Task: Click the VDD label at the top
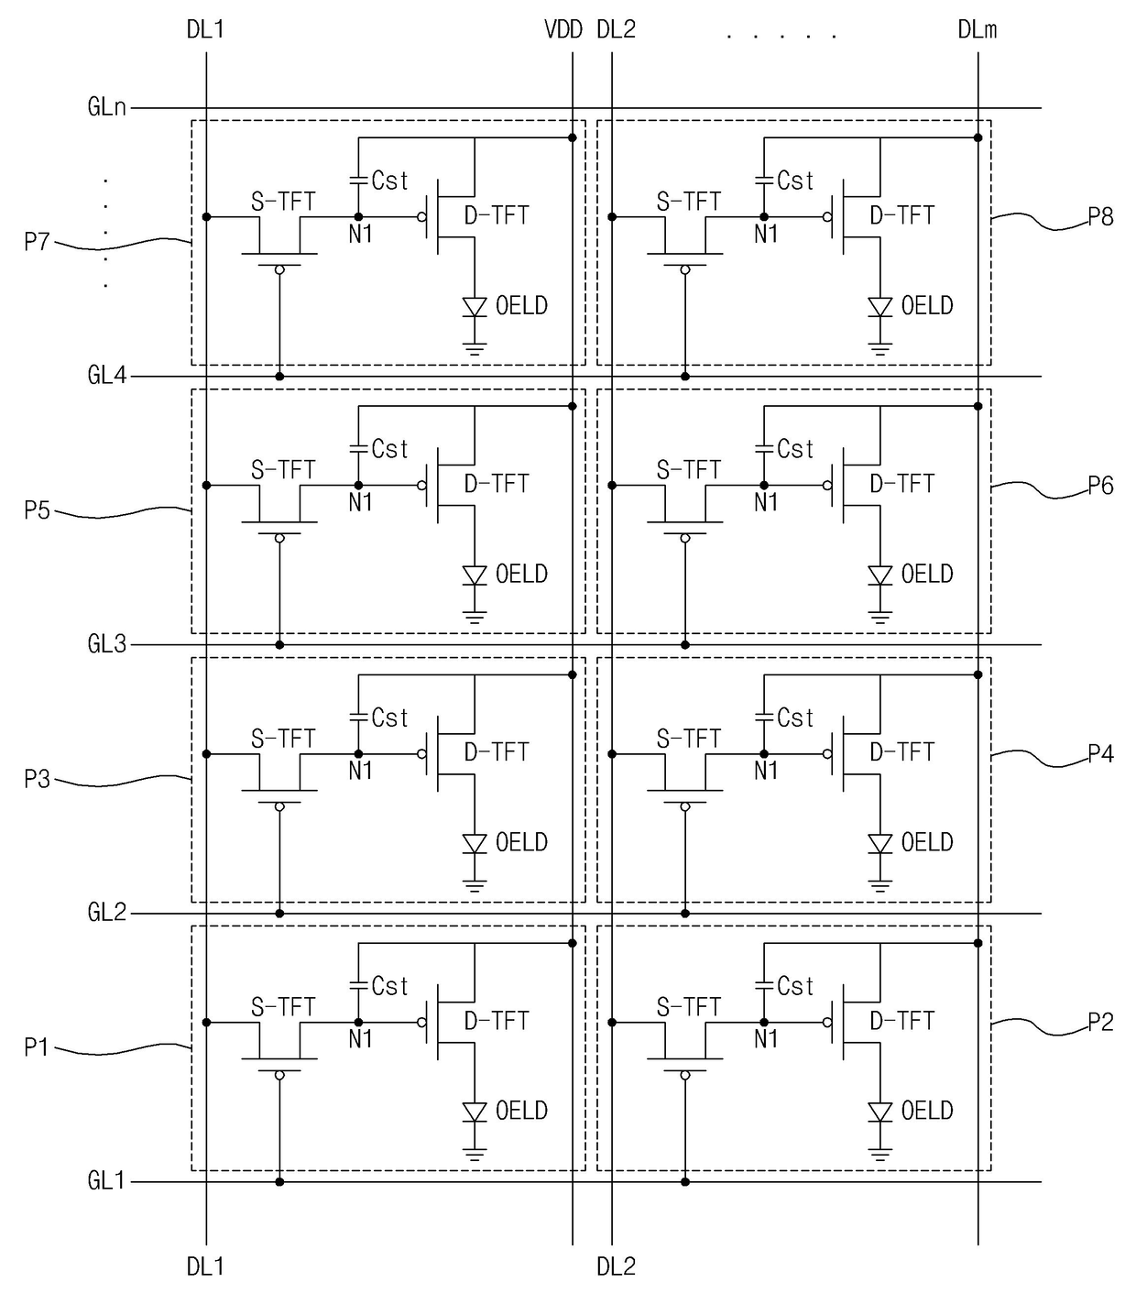[x=563, y=29]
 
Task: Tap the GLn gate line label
[x=106, y=106]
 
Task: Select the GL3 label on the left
[x=106, y=644]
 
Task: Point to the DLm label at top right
[x=978, y=29]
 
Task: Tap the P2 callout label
[x=1100, y=1022]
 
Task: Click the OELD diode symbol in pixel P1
[x=475, y=1112]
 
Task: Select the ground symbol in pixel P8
[x=880, y=349]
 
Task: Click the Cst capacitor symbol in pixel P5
[x=358, y=448]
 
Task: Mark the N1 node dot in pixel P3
[x=358, y=754]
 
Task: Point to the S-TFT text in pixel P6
[x=688, y=470]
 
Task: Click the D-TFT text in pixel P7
[x=497, y=215]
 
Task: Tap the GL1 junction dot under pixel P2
[x=684, y=1181]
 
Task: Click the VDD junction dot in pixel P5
[x=572, y=406]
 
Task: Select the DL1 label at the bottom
[x=205, y=1266]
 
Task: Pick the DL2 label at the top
[x=616, y=29]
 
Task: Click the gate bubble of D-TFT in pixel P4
[x=827, y=754]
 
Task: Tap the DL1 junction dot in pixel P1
[x=206, y=1022]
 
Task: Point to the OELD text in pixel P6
[x=927, y=574]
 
